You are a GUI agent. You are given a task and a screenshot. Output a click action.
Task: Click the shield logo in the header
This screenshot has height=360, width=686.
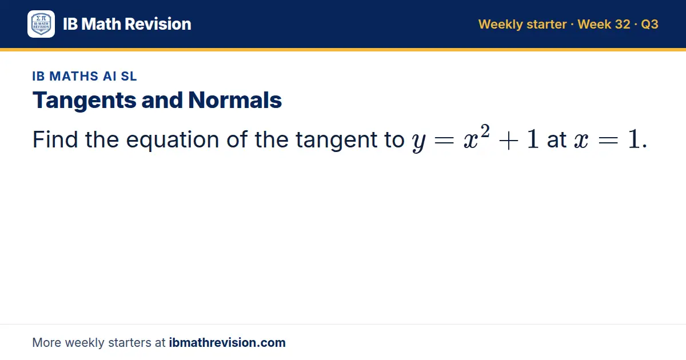pos(41,24)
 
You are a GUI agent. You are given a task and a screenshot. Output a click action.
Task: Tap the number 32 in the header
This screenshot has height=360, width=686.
pos(623,24)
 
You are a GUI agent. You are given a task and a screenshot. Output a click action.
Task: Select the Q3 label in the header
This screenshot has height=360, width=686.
pos(649,24)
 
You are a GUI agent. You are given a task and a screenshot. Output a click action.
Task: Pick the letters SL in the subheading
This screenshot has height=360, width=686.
pos(129,76)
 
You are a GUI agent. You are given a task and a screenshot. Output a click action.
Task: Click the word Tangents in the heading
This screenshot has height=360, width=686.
pos(84,101)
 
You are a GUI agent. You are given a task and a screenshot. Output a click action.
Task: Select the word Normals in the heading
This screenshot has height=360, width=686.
pos(235,100)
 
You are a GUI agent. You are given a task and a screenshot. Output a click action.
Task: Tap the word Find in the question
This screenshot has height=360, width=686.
pos(55,139)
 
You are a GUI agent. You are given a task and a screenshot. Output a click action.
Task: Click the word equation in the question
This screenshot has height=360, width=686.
pos(173,141)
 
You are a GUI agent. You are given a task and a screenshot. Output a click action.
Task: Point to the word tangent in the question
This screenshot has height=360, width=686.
pos(336,141)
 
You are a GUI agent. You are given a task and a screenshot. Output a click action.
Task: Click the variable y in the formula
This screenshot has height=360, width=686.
pos(419,142)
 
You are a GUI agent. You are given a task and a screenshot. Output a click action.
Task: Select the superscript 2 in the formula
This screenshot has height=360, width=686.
pos(485,131)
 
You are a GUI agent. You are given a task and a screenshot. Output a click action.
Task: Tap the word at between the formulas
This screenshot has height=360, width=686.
pos(557,141)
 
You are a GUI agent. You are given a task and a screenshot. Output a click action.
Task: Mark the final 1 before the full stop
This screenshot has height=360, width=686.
pos(633,139)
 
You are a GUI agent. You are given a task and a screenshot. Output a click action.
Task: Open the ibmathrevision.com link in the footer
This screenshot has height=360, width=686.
pos(228,342)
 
